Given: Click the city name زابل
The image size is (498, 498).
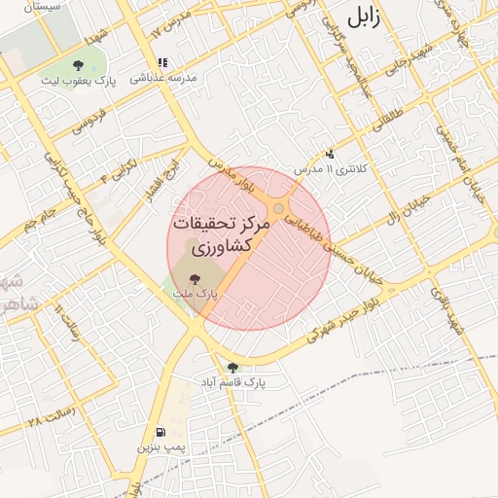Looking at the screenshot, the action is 373,17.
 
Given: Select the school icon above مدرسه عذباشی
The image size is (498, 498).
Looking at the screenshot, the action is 162,62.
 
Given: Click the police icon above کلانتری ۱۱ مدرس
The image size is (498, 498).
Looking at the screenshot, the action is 331,153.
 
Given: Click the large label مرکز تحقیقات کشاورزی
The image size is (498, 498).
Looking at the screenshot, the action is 220,234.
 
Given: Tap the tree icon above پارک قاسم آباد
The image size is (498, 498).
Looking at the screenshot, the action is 231,367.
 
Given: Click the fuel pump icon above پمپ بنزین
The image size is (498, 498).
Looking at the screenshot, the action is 159,431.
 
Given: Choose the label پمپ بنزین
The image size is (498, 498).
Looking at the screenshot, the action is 158,447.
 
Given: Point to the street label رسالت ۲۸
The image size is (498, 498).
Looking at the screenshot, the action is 50,421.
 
